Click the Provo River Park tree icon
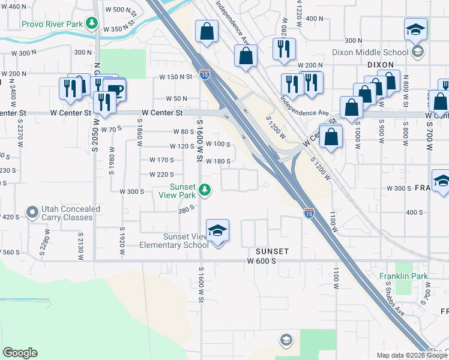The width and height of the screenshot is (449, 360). [92, 24]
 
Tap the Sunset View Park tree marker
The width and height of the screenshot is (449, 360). [205, 190]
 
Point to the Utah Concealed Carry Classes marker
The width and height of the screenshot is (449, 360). [32, 213]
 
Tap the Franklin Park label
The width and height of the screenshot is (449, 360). [403, 276]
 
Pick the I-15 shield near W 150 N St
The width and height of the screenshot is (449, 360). [205, 74]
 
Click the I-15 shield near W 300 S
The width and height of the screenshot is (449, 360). [309, 213]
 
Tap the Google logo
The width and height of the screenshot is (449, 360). [20, 353]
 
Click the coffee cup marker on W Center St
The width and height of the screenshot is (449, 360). [114, 91]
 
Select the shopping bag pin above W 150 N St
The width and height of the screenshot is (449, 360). [206, 32]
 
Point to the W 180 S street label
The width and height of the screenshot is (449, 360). [218, 161]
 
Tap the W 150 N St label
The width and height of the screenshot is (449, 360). [175, 77]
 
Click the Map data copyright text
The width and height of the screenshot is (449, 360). [412, 355]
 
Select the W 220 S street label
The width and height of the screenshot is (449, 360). [161, 175]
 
